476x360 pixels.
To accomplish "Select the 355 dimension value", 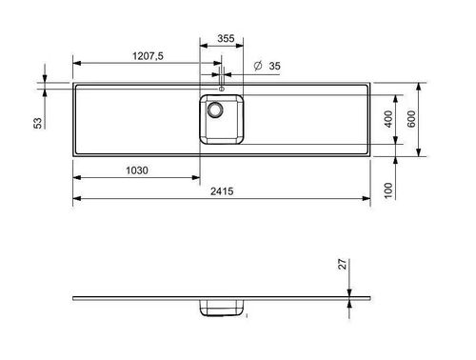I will pos(224,38).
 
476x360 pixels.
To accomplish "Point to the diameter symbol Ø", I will pos(258,67).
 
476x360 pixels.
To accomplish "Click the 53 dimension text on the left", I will pos(38,122).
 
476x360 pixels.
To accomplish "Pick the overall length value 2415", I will pos(223,191).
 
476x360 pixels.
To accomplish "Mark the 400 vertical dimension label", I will pos(389,119).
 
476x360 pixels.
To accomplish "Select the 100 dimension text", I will pos(389,190).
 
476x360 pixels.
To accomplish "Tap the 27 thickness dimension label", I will pos(344,268).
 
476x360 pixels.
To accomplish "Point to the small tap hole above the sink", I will pos(222,89).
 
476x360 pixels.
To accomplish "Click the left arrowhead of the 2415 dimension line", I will pos(76,199).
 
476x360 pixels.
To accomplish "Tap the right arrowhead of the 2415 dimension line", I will pos(369,199).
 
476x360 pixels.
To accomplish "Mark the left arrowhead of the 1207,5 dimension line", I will pos(76,65).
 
